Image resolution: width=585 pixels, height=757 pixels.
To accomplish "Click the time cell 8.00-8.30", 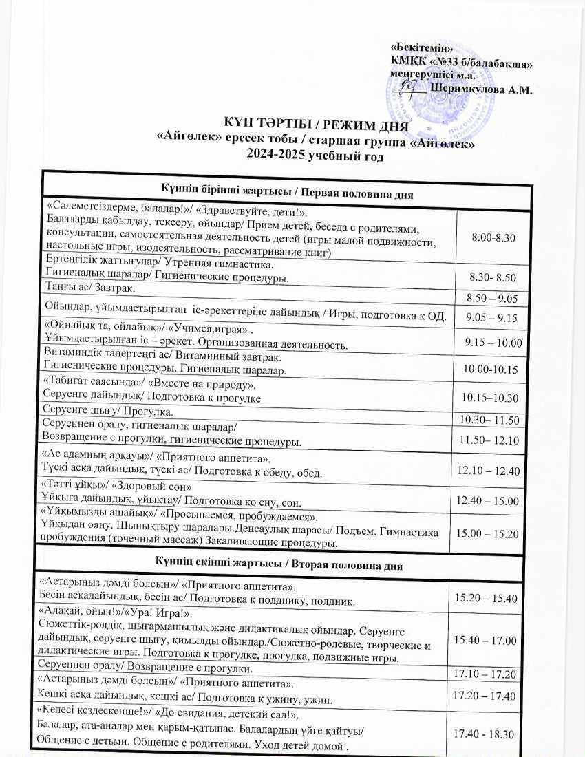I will (x=493, y=237).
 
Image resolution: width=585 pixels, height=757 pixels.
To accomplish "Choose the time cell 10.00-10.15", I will (x=491, y=370).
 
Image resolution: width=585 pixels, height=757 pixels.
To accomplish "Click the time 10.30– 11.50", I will (x=489, y=420).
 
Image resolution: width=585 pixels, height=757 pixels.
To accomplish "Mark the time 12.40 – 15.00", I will (x=487, y=501).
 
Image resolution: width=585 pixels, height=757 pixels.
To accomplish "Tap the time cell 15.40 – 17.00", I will (x=486, y=641).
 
